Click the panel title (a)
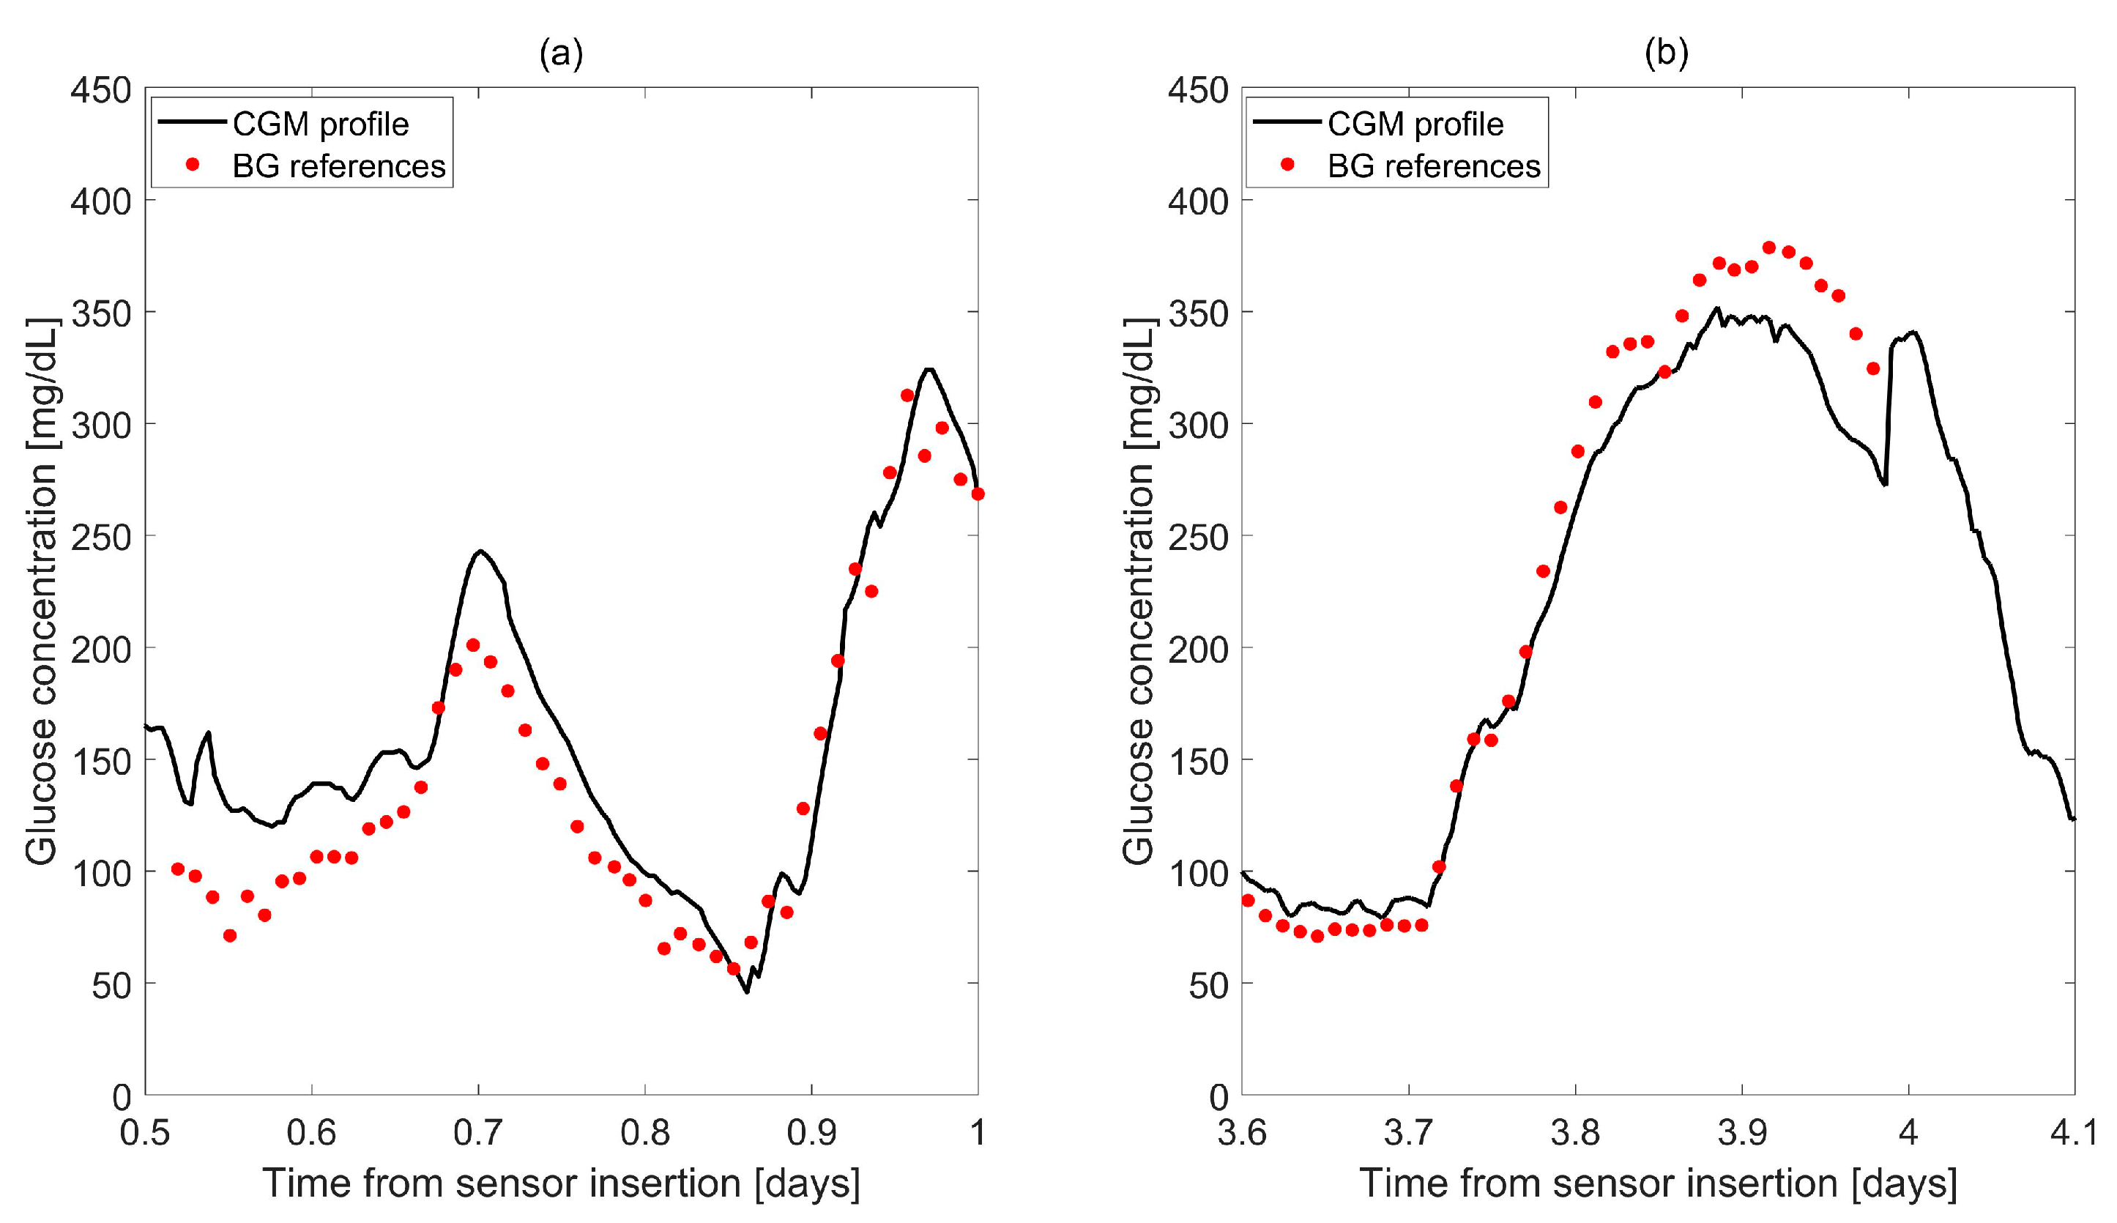(x=561, y=53)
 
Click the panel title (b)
(x=1666, y=53)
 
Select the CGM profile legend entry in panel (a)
(x=320, y=124)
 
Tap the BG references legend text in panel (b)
(x=1434, y=166)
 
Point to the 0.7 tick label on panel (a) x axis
(x=478, y=1133)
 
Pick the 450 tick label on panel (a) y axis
(x=101, y=90)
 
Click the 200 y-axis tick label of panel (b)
(x=1197, y=650)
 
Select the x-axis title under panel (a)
(x=561, y=1183)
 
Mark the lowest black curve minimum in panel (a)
(x=746, y=992)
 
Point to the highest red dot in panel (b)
(x=1768, y=248)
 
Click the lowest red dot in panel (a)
(x=230, y=936)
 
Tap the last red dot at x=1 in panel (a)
(x=978, y=494)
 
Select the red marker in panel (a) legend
(x=193, y=165)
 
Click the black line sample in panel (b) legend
(x=1287, y=122)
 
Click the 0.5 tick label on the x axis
(x=144, y=1133)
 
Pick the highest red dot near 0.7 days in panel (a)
(x=473, y=645)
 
